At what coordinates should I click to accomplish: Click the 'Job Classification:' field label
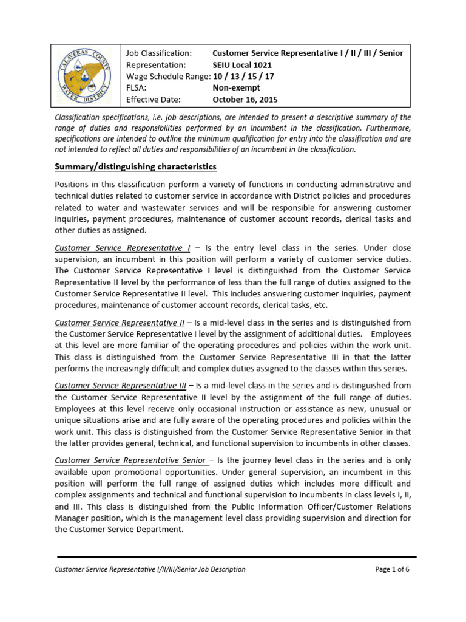click(x=159, y=53)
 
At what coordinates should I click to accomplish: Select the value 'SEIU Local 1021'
click(x=242, y=65)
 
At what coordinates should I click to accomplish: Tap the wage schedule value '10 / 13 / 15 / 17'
click(x=243, y=77)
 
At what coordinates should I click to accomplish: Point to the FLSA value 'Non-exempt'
click(x=236, y=88)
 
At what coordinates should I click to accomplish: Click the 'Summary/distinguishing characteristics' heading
click(x=135, y=166)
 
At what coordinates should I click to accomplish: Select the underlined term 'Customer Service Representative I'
click(x=122, y=248)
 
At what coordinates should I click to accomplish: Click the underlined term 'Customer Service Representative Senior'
click(x=130, y=460)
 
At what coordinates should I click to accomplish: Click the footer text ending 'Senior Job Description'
click(x=150, y=569)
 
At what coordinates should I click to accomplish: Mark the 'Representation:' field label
click(x=155, y=65)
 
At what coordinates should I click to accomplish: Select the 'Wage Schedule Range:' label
click(x=167, y=77)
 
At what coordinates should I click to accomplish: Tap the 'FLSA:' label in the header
click(x=137, y=88)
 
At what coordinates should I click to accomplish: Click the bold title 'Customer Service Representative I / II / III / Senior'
click(x=308, y=53)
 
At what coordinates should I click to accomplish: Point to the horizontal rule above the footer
click(x=237, y=556)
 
